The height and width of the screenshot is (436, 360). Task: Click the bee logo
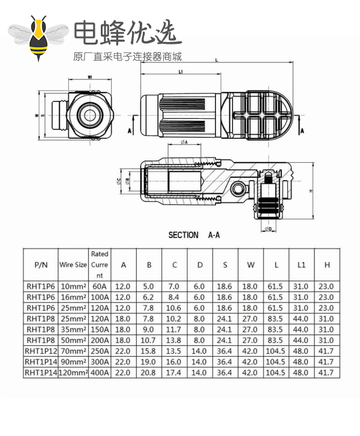(40, 38)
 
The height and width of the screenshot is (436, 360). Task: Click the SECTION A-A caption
(194, 235)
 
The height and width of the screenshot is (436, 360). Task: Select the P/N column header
(41, 264)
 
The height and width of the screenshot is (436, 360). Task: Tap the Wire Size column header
(73, 264)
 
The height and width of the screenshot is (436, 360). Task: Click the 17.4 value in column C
(174, 372)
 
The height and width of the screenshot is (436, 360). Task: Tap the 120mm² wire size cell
(73, 372)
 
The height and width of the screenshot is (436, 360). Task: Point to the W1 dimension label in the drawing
(89, 77)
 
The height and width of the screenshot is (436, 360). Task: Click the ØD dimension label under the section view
(268, 229)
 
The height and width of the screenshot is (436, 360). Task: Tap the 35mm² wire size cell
(73, 330)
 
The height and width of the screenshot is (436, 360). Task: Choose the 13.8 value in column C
(174, 341)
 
